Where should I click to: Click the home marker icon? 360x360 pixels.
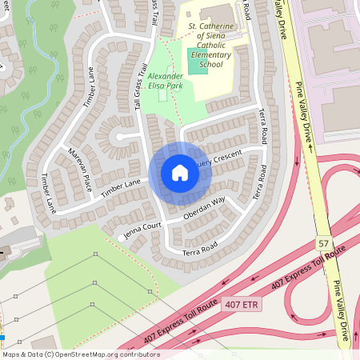click(180, 173)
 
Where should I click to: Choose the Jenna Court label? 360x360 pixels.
click(145, 230)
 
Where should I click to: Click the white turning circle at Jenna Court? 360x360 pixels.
click(122, 238)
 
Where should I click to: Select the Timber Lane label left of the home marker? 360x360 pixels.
click(121, 185)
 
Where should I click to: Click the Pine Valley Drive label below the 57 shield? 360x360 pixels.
click(342, 308)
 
